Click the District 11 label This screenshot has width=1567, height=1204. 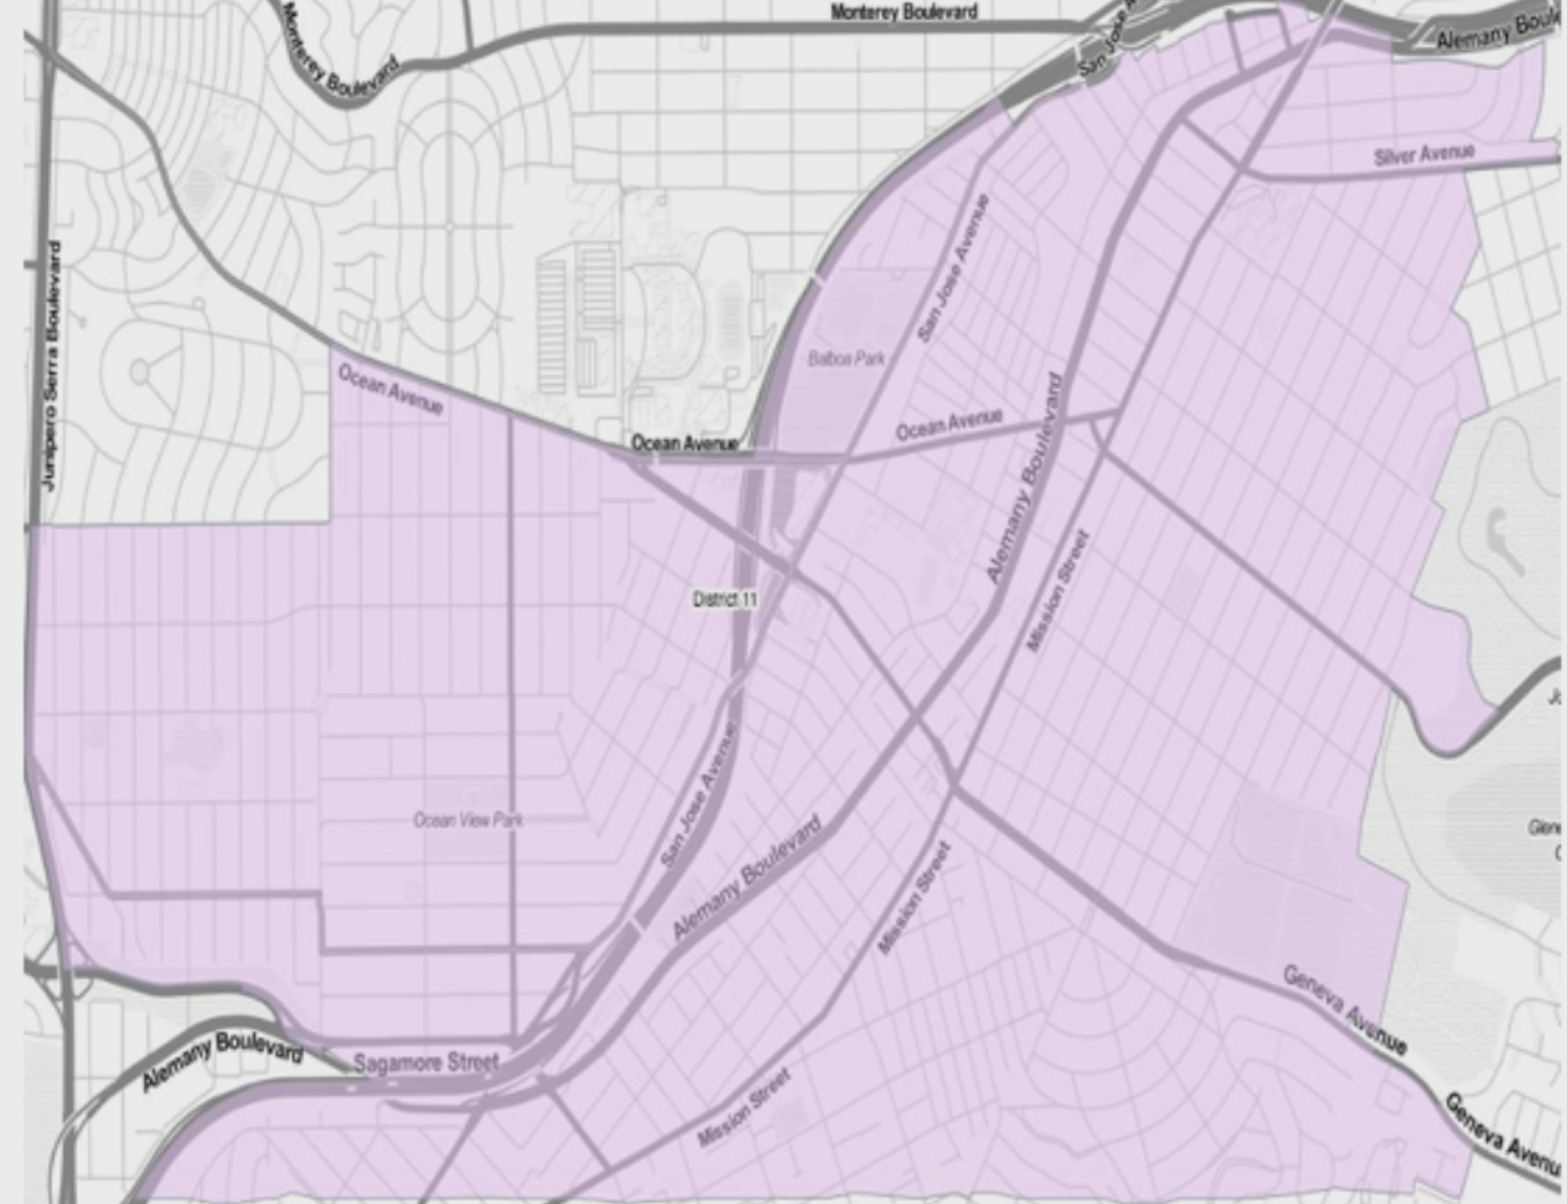[725, 600]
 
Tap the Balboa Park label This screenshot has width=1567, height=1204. [846, 359]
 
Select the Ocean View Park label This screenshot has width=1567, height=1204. [468, 820]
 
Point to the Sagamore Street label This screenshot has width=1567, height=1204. [426, 1063]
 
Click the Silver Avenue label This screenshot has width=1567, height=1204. [1423, 154]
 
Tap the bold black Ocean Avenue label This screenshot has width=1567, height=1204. [684, 443]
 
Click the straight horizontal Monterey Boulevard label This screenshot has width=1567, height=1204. [903, 12]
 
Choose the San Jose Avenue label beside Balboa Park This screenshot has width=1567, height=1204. [953, 268]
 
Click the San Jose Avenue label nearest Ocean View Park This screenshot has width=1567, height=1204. [699, 795]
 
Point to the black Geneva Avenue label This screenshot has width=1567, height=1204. [1503, 1134]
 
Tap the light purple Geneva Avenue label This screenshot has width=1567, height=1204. [1344, 1009]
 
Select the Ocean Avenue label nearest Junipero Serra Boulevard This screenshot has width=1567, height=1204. [390, 389]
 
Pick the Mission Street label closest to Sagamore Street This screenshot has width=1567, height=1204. [743, 1108]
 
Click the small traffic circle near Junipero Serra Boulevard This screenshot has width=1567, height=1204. [139, 371]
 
